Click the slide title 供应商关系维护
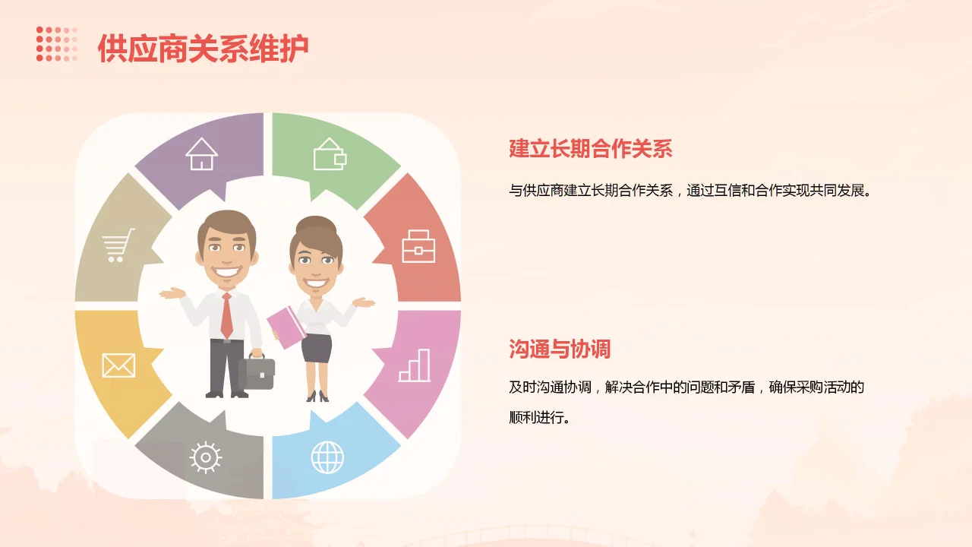tap(203, 48)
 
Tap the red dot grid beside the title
tap(57, 43)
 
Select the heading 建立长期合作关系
tap(590, 148)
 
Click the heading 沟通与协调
tap(560, 349)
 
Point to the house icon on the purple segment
tap(201, 154)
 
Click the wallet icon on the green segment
tap(330, 154)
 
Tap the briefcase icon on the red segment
tap(418, 245)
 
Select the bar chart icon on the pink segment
tap(415, 365)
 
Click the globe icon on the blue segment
tap(327, 457)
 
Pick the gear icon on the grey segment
tap(205, 457)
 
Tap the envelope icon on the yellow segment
tap(118, 365)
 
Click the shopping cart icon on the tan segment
tap(118, 245)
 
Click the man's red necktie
tap(226, 315)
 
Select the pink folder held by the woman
tap(286, 327)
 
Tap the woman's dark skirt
tap(317, 348)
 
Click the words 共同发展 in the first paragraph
tap(835, 190)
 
